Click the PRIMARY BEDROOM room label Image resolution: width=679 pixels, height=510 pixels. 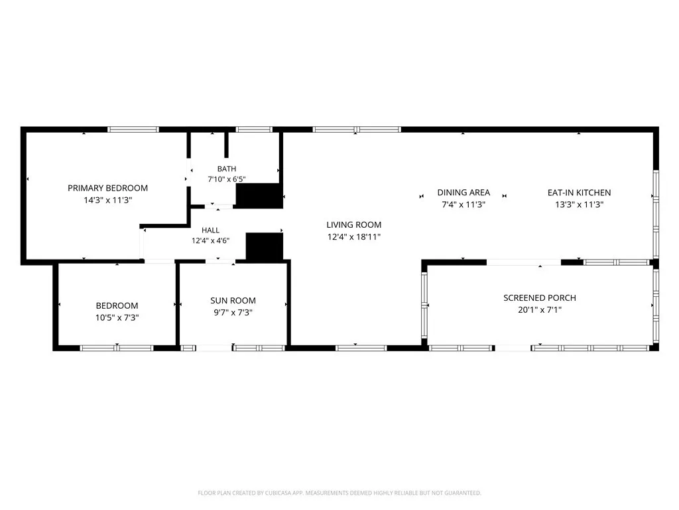point(108,188)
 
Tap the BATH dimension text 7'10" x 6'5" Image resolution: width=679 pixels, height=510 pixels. point(227,179)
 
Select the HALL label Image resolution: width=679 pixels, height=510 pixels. point(210,230)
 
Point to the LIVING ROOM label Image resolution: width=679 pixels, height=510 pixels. point(354,224)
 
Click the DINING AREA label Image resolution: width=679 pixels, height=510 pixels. point(463,193)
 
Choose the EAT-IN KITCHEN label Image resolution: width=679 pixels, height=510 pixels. point(579,193)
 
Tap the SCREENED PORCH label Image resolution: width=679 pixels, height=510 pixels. point(540,298)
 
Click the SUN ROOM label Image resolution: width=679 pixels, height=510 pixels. point(233,301)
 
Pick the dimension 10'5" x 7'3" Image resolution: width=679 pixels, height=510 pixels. point(117,317)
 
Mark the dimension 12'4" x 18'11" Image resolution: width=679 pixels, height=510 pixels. point(354,237)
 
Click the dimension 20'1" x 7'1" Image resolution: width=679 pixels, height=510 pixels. point(540,310)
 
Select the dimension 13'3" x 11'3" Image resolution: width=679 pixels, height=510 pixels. point(579,205)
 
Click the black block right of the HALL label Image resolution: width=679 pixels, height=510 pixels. point(264,247)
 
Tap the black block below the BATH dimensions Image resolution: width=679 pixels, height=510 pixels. point(259,196)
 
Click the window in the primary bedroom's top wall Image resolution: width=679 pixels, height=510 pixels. point(133,129)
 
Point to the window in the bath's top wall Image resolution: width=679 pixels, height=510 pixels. point(254,129)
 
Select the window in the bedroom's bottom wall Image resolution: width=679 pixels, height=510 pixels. point(117,348)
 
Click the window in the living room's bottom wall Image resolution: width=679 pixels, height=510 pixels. point(361,348)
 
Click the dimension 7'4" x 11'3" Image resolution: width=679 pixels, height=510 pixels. point(463,205)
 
